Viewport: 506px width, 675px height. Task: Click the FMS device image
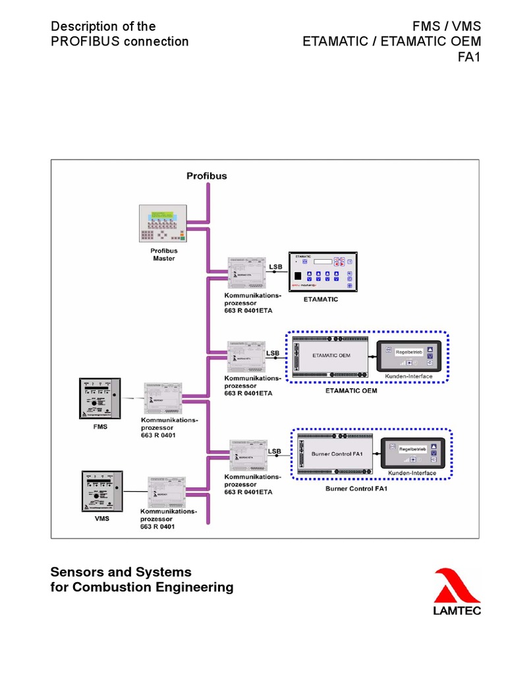pyautogui.click(x=99, y=398)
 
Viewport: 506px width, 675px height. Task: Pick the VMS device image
pyautogui.click(x=101, y=491)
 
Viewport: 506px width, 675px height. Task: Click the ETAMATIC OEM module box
pyautogui.click(x=331, y=356)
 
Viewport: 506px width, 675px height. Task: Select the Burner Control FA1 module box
pyautogui.click(x=337, y=454)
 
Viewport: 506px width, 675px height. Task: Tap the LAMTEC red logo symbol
pyautogui.click(x=456, y=586)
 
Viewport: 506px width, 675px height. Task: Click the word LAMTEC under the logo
pyautogui.click(x=457, y=610)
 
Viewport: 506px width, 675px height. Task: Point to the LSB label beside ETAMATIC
pyautogui.click(x=275, y=266)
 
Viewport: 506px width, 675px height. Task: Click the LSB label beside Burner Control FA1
pyautogui.click(x=275, y=451)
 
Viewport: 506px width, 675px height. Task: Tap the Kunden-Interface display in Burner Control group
pyautogui.click(x=413, y=452)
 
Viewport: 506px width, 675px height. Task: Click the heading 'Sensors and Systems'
pyautogui.click(x=121, y=572)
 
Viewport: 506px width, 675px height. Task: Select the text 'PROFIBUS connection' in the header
pyautogui.click(x=119, y=42)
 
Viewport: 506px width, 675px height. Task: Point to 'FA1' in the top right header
pyautogui.click(x=469, y=57)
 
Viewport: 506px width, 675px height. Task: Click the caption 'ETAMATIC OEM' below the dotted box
pyautogui.click(x=356, y=390)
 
